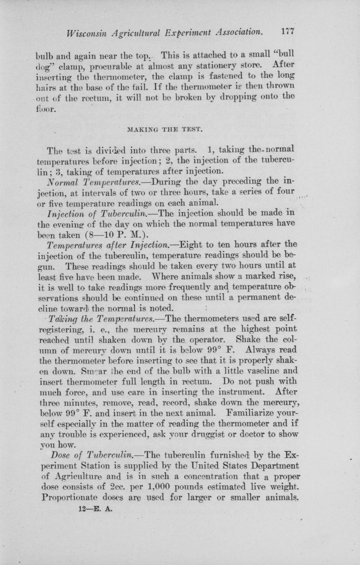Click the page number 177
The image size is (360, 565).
coord(288,32)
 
